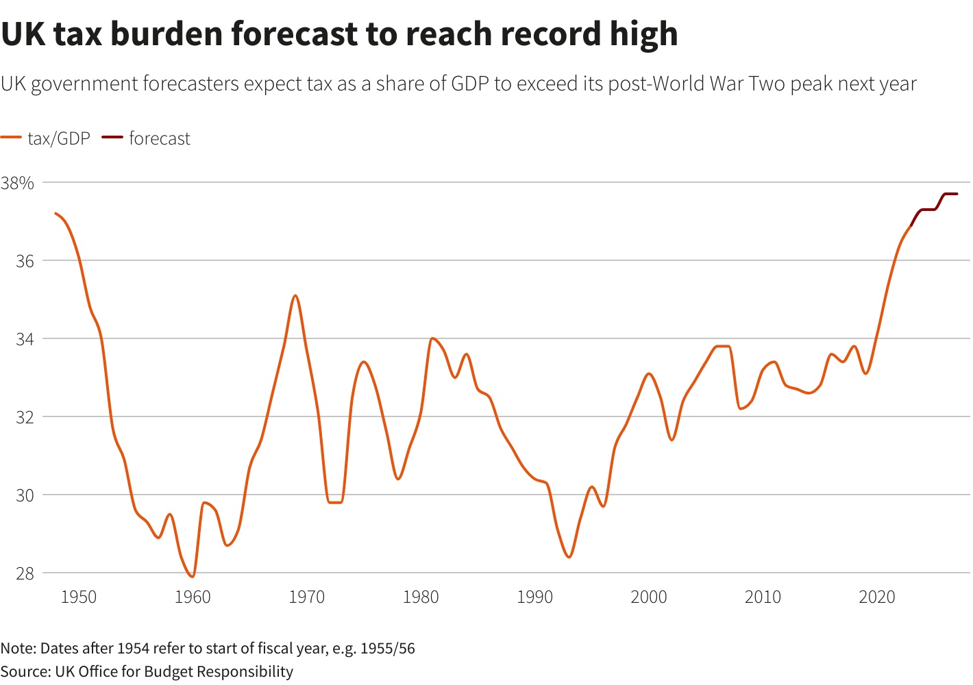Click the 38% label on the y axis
[17, 183]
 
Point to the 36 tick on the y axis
[25, 261]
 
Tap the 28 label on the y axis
[25, 573]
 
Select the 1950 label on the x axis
[78, 597]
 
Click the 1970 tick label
[306, 597]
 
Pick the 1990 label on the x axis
[534, 597]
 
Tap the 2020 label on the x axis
[876, 597]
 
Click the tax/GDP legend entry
[59, 138]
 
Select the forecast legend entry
[159, 138]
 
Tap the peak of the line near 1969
[295, 295]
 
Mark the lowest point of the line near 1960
[193, 577]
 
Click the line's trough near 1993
[569, 557]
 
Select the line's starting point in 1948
[56, 213]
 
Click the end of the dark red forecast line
[957, 194]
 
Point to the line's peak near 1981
[432, 338]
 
